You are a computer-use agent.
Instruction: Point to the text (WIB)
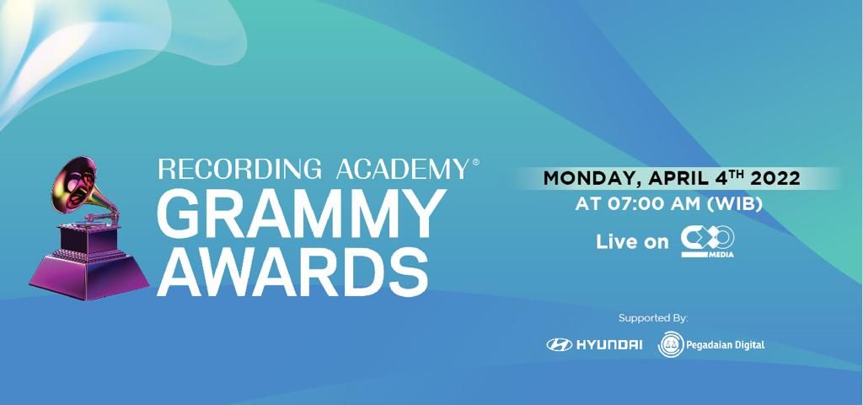pos(735,205)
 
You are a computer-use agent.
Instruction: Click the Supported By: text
pos(653,318)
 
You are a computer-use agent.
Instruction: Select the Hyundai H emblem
pos(558,344)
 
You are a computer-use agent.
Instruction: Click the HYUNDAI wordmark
pos(609,344)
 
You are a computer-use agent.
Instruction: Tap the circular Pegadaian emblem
pos(672,344)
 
